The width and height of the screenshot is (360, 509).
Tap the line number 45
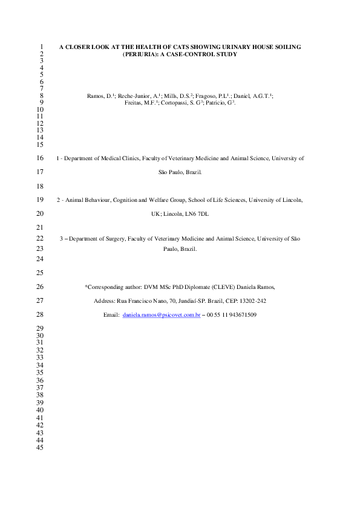(41, 449)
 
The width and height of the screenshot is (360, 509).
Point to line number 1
(41, 46)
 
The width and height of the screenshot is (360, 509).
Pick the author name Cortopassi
(180, 103)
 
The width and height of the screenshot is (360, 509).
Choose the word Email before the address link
(111, 315)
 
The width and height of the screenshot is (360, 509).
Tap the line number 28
(41, 314)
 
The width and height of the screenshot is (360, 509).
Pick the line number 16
(41, 158)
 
